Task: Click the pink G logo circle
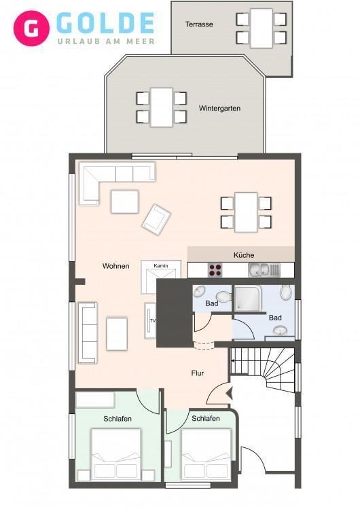click(x=31, y=29)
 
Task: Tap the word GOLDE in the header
click(x=105, y=23)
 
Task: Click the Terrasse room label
click(x=199, y=24)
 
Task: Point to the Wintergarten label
click(x=219, y=108)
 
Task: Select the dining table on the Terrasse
click(x=262, y=29)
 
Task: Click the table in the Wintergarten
click(x=162, y=107)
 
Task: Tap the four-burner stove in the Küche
click(x=215, y=270)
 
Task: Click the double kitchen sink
click(x=264, y=270)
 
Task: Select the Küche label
click(x=244, y=255)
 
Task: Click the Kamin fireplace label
click(x=161, y=266)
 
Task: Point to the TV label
click(x=153, y=321)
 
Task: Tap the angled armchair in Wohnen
click(x=156, y=219)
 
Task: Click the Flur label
click(x=198, y=373)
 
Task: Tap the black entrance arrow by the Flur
click(x=230, y=394)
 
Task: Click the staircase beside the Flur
click(x=262, y=369)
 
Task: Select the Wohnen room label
click(x=116, y=266)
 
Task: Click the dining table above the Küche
click(x=246, y=212)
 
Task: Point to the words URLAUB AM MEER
click(x=106, y=41)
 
